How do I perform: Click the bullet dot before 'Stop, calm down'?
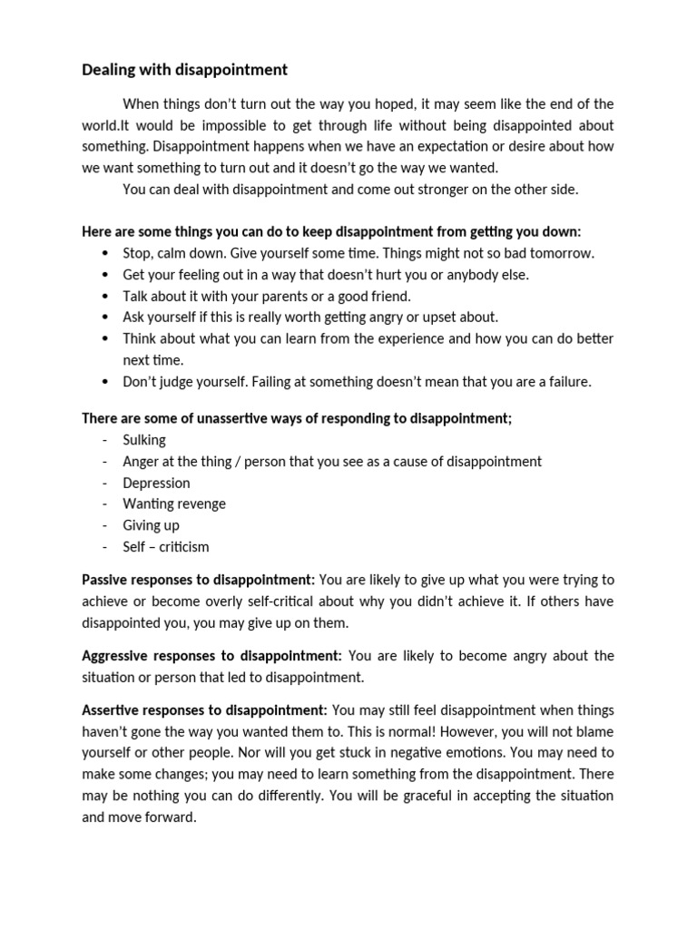pyautogui.click(x=106, y=253)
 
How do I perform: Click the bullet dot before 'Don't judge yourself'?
pyautogui.click(x=106, y=381)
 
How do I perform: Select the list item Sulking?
pyautogui.click(x=144, y=439)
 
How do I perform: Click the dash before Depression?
pyautogui.click(x=105, y=483)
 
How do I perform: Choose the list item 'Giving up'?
pyautogui.click(x=151, y=524)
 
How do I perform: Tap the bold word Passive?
pyautogui.click(x=106, y=579)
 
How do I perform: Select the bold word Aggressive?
pyautogui.click(x=118, y=655)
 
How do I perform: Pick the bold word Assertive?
pyautogui.click(x=113, y=709)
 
